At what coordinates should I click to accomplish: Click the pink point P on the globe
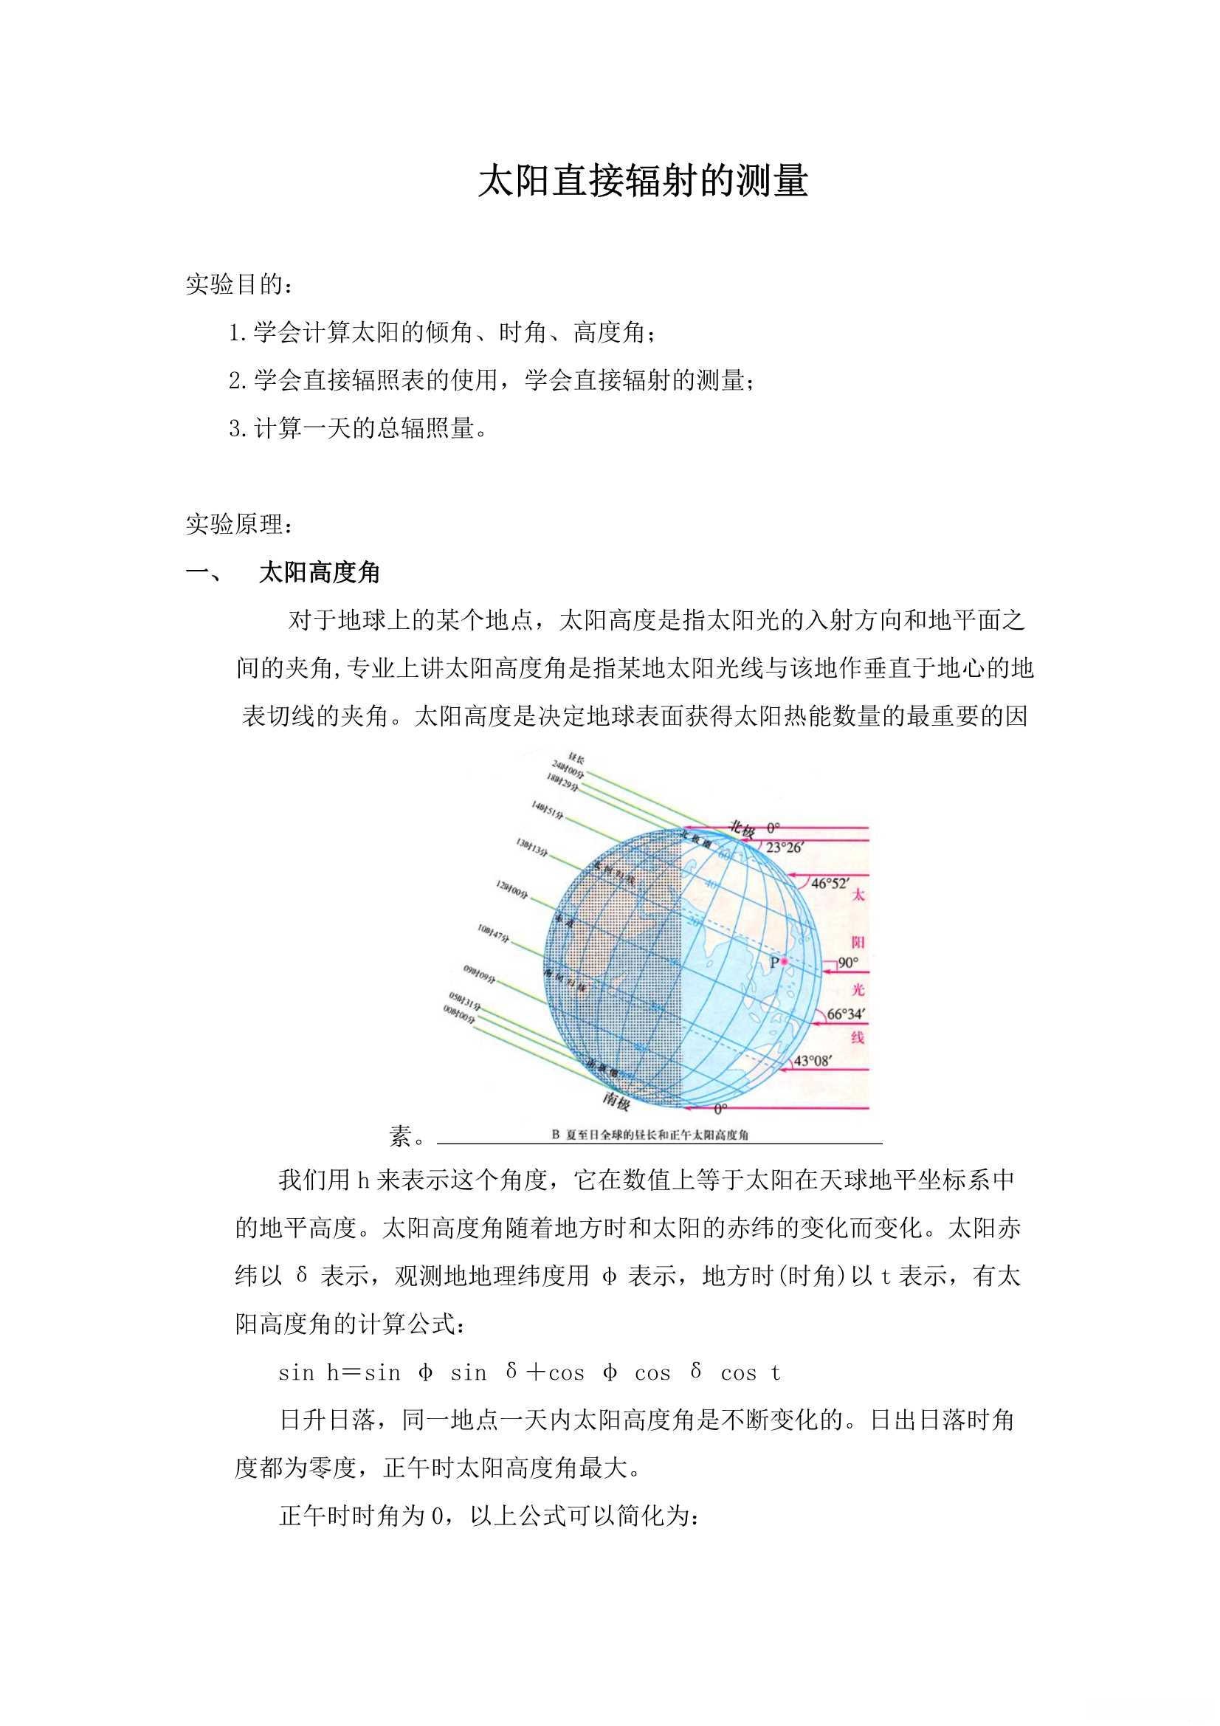coord(783,960)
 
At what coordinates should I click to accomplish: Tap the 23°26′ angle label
coord(785,847)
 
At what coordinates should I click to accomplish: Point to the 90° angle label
coord(848,963)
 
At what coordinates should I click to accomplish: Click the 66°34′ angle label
coord(846,1014)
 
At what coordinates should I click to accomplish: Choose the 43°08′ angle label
coord(813,1061)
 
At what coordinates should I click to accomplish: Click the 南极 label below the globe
coord(616,1101)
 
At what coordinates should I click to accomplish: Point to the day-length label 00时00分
coord(458,1016)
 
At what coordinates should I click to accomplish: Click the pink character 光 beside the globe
coord(858,989)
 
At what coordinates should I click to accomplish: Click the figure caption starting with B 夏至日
coord(650,1135)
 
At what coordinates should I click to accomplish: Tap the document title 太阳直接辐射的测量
coord(643,182)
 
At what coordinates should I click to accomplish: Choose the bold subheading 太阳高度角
coord(320,573)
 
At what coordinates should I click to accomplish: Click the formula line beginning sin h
coord(530,1372)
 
